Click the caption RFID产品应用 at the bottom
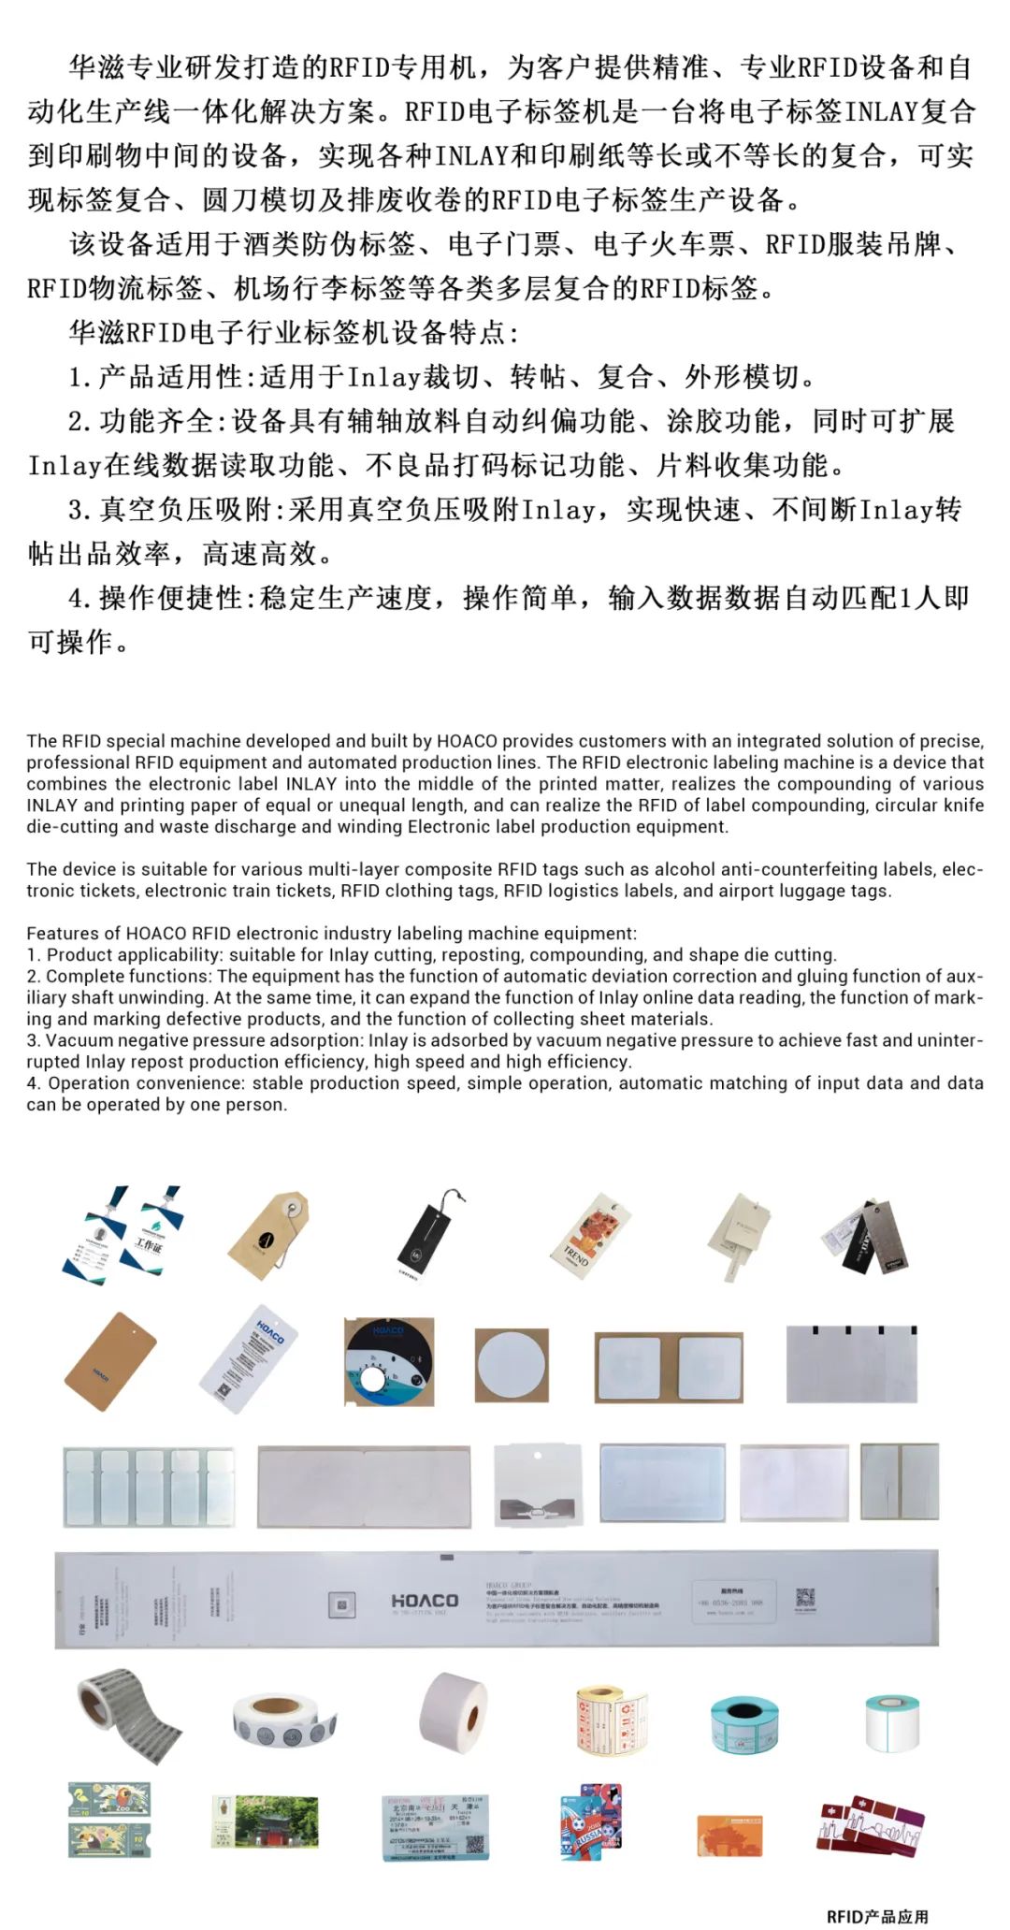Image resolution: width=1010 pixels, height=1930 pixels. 876,1916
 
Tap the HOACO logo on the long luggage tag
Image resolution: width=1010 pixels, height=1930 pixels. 425,1601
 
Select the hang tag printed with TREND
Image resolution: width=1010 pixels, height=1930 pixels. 590,1234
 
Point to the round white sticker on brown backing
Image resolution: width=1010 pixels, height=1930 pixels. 511,1365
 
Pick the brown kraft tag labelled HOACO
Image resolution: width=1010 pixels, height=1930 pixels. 109,1360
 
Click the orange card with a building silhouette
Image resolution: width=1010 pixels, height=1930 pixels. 729,1836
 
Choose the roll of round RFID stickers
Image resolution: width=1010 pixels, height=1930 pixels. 283,1720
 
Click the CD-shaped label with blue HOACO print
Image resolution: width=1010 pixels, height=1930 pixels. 388,1361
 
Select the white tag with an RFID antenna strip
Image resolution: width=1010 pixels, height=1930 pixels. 537,1485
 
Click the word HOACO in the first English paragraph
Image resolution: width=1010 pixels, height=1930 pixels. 467,741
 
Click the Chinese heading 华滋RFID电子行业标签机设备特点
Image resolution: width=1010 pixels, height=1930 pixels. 294,332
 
